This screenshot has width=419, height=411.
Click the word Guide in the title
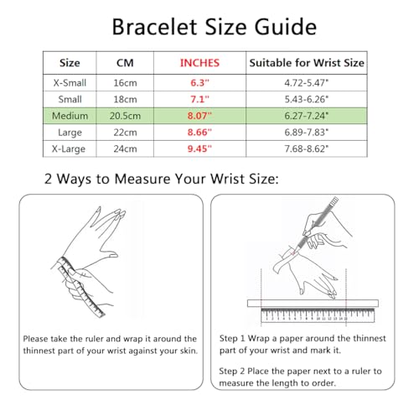point(286,27)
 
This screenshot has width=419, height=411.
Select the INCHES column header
point(199,63)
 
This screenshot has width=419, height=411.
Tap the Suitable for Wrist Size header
point(307,63)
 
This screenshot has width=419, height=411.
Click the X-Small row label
point(70,83)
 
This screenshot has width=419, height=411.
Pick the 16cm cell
point(125,83)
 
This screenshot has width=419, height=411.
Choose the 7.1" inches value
point(199,99)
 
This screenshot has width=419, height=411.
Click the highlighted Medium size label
point(70,116)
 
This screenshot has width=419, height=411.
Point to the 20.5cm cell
point(125,116)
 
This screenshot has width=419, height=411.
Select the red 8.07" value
point(199,116)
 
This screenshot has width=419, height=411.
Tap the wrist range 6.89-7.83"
point(307,133)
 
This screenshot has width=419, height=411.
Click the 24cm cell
point(125,148)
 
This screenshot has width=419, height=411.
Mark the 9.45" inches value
point(199,148)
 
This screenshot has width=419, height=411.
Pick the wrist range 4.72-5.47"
point(307,83)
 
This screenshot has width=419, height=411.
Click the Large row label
point(70,133)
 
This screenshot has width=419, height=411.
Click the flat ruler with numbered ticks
point(318,315)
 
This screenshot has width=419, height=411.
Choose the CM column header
point(125,63)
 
